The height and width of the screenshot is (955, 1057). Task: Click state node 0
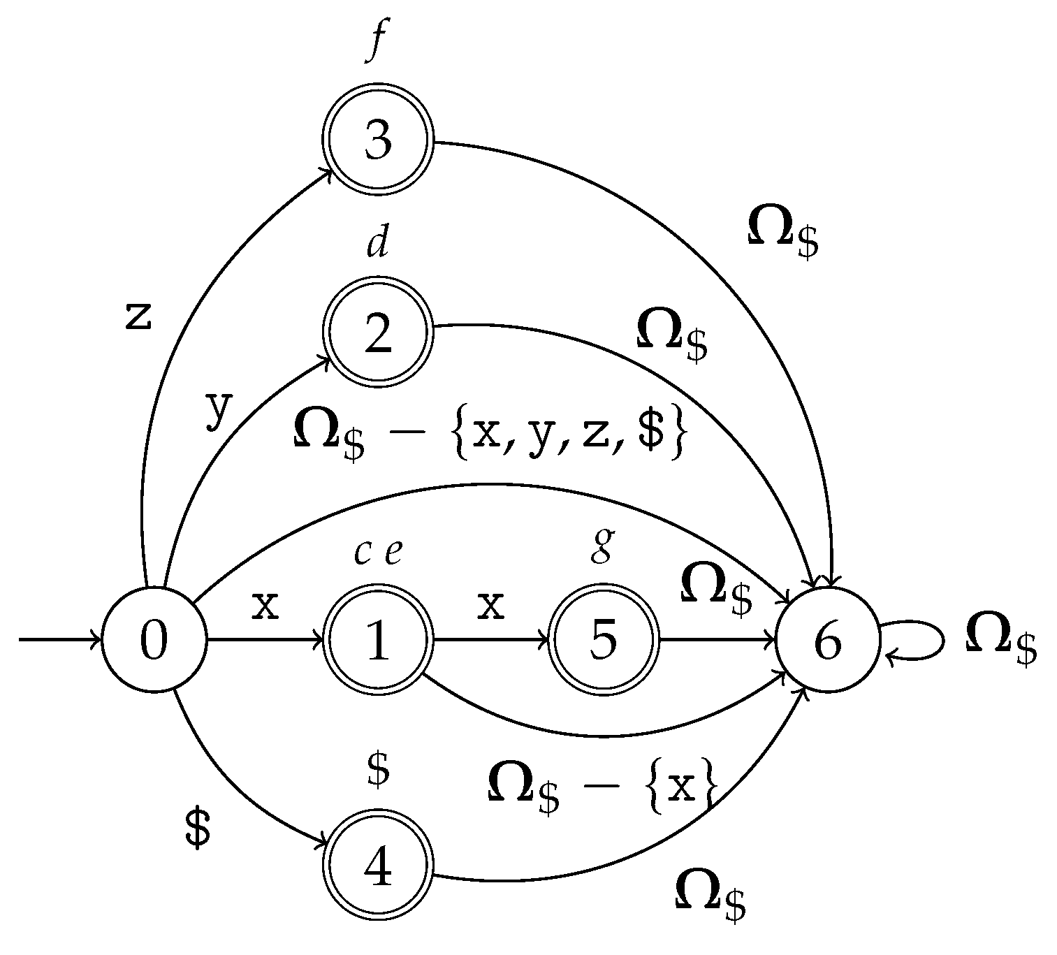154,640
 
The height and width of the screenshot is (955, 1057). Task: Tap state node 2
378,333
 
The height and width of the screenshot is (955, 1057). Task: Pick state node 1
378,640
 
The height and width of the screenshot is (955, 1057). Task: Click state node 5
604,640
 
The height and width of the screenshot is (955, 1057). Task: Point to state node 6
828,640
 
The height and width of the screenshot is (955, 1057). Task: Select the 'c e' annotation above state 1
378,553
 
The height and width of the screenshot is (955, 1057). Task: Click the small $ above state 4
378,770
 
